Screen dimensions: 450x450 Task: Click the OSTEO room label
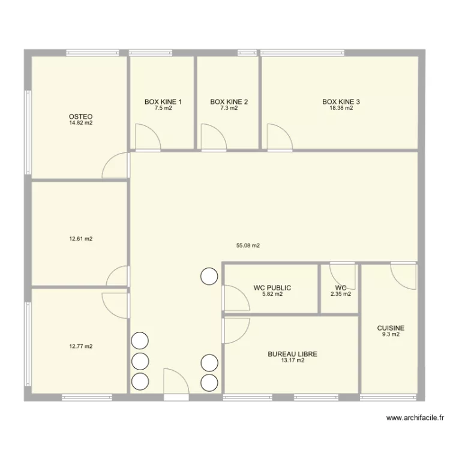80,116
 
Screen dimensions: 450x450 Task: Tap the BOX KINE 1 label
163,102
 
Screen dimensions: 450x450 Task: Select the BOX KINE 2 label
229,102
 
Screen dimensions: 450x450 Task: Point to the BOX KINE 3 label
341,102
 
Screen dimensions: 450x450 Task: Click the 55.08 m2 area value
248,245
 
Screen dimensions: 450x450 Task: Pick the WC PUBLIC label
272,288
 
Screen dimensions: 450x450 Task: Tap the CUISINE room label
391,328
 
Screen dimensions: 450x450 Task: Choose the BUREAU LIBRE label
292,355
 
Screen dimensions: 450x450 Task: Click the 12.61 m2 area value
81,239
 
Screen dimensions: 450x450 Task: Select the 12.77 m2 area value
81,346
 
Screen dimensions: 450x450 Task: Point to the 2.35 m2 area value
341,294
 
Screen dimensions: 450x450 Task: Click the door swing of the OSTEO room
116,166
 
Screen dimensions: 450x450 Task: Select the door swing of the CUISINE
403,275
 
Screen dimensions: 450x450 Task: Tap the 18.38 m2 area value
341,109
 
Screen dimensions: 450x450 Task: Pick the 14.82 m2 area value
80,123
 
